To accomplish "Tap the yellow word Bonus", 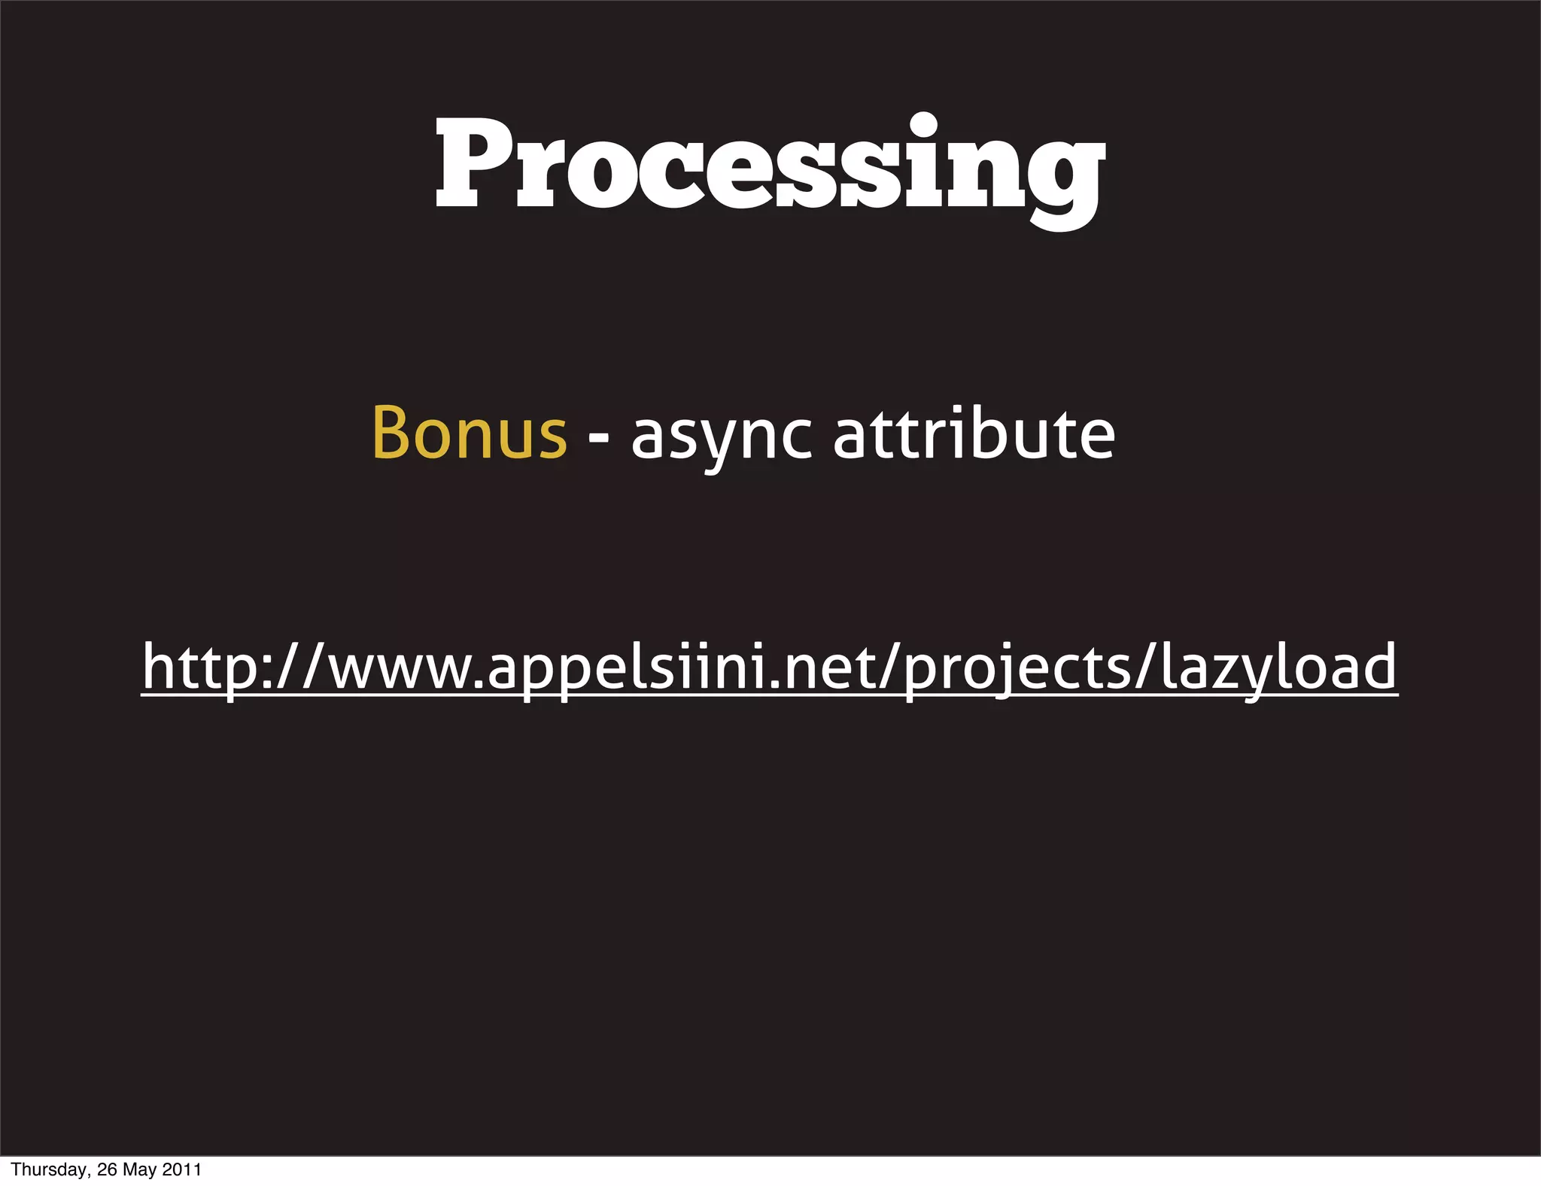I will [x=469, y=434].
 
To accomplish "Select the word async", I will [x=721, y=436].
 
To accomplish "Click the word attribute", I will [x=974, y=434].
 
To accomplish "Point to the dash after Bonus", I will [x=599, y=439].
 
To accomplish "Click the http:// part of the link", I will [x=233, y=667].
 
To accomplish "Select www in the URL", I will [x=403, y=671].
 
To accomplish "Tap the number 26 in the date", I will [x=107, y=1170].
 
